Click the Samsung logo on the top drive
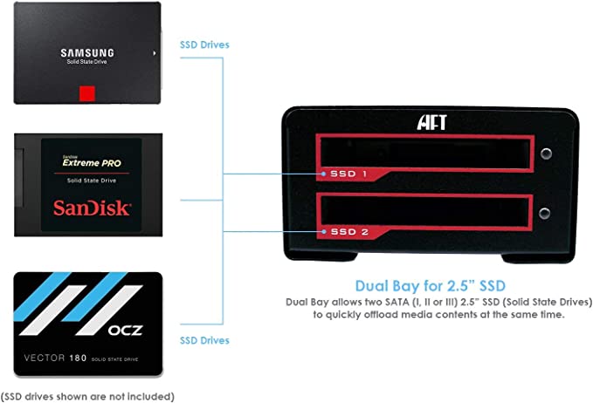coord(87,52)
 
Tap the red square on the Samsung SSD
coord(86,93)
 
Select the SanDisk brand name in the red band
coord(93,208)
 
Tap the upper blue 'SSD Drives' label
coord(205,44)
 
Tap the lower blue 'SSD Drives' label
coord(205,340)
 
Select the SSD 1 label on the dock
coord(348,174)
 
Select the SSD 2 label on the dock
coord(348,232)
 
